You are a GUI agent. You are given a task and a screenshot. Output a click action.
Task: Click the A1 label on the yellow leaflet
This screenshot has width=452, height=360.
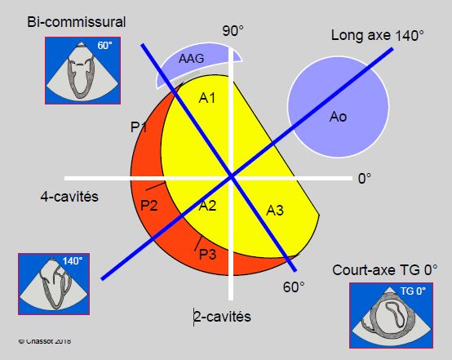coord(207,98)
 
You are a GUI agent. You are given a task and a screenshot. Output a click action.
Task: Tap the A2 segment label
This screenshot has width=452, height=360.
coord(207,206)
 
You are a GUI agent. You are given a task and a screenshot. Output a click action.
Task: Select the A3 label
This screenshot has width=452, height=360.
coord(275,211)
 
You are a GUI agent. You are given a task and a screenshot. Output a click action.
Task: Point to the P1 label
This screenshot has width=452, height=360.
coord(139,127)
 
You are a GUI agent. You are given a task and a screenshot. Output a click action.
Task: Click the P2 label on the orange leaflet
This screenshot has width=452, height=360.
coord(149,206)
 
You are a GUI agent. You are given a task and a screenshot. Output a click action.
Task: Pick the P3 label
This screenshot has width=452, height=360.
coord(207,255)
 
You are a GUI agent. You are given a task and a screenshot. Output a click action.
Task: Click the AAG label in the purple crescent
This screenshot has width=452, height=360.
coord(192,59)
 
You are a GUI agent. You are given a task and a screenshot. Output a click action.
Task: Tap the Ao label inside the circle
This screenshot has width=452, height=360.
coord(338,117)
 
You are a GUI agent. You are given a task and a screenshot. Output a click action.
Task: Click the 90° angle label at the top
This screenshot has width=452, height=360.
coord(233,31)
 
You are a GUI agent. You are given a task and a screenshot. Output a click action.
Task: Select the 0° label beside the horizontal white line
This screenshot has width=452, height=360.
coord(365,179)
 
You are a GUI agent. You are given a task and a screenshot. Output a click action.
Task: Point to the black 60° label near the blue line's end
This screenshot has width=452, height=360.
coord(294,287)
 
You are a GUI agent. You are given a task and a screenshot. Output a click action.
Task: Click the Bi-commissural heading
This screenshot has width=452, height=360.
coord(77,22)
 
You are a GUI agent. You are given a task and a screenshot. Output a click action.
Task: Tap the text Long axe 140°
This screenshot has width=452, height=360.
coord(377,35)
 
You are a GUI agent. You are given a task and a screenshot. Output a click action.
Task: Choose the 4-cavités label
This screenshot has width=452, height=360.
coord(69,197)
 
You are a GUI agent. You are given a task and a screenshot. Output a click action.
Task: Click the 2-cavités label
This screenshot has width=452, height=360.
coord(222,317)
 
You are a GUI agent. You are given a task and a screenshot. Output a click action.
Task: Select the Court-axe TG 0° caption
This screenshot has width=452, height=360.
coord(385,270)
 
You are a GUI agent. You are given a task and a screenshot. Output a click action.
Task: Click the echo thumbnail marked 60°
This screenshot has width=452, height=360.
coord(82,71)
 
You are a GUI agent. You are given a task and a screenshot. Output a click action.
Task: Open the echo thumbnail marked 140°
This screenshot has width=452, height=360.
coord(54,284)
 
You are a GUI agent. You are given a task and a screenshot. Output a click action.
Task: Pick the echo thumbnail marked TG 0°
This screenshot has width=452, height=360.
coord(391,315)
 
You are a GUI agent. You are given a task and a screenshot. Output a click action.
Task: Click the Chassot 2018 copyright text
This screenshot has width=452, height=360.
coord(45,341)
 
